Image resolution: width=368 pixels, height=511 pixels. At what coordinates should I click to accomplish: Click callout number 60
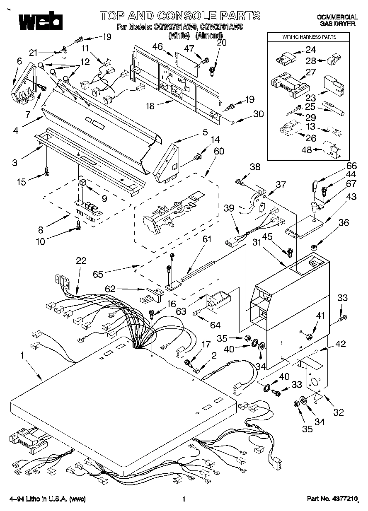click(218, 152)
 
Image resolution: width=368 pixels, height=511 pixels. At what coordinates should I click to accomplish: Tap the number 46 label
click(157, 46)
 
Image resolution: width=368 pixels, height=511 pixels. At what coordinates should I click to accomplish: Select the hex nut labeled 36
click(314, 247)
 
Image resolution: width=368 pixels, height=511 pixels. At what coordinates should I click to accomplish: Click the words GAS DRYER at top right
click(337, 24)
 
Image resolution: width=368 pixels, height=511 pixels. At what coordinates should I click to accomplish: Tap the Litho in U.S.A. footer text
click(47, 499)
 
